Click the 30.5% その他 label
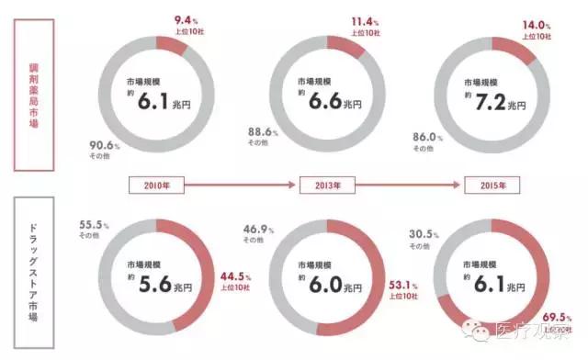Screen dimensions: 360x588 pos(424,235)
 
